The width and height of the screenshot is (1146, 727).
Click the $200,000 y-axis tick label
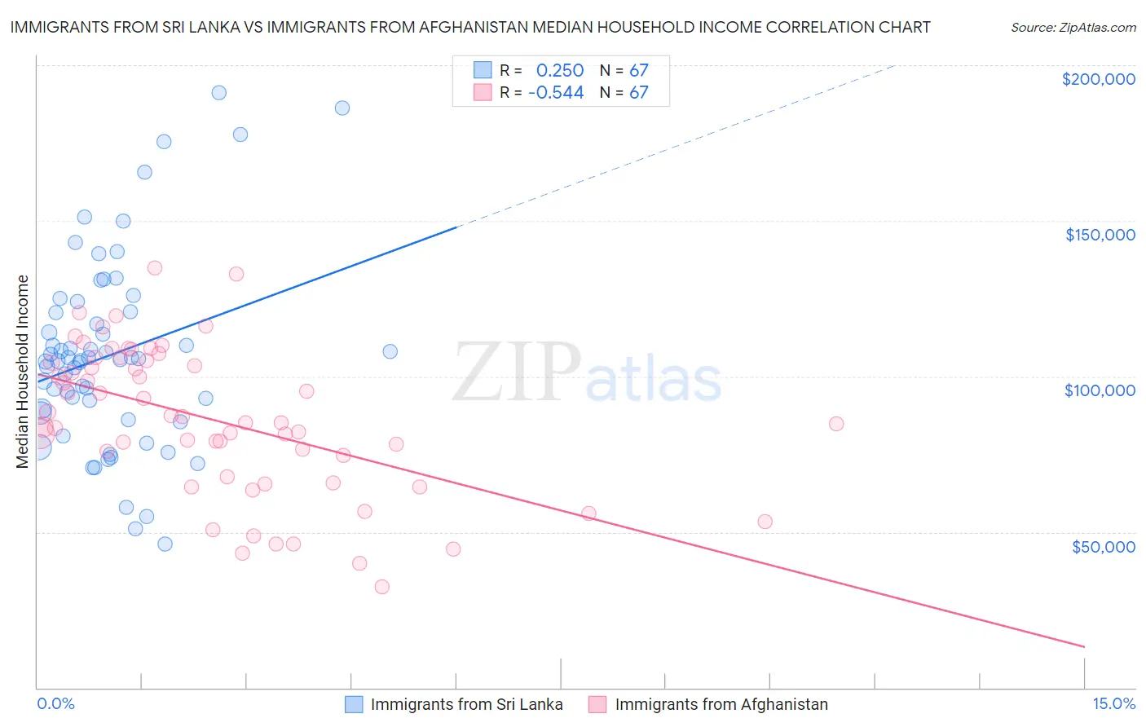[1098, 79]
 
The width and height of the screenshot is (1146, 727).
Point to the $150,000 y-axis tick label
[1100, 235]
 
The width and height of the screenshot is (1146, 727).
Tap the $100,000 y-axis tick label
[1100, 390]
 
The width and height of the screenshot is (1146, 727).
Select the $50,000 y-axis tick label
[1103, 547]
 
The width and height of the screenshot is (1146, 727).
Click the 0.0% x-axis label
[55, 703]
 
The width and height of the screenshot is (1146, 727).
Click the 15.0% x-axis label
[1113, 703]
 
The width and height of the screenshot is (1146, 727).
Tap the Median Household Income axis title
[23, 372]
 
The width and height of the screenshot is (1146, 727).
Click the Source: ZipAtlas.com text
[1073, 28]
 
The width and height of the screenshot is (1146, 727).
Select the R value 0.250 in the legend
[559, 71]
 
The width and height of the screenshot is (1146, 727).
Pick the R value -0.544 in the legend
[556, 93]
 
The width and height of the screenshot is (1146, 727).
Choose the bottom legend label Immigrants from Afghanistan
[721, 704]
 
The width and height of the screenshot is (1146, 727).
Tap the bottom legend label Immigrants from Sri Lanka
[466, 704]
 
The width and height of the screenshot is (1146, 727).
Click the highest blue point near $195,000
[218, 93]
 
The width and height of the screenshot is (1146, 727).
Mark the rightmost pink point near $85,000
[836, 424]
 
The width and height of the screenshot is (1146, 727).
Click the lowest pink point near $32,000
[381, 587]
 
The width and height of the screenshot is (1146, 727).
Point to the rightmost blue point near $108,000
[390, 351]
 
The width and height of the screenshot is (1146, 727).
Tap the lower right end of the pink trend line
[1084, 646]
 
